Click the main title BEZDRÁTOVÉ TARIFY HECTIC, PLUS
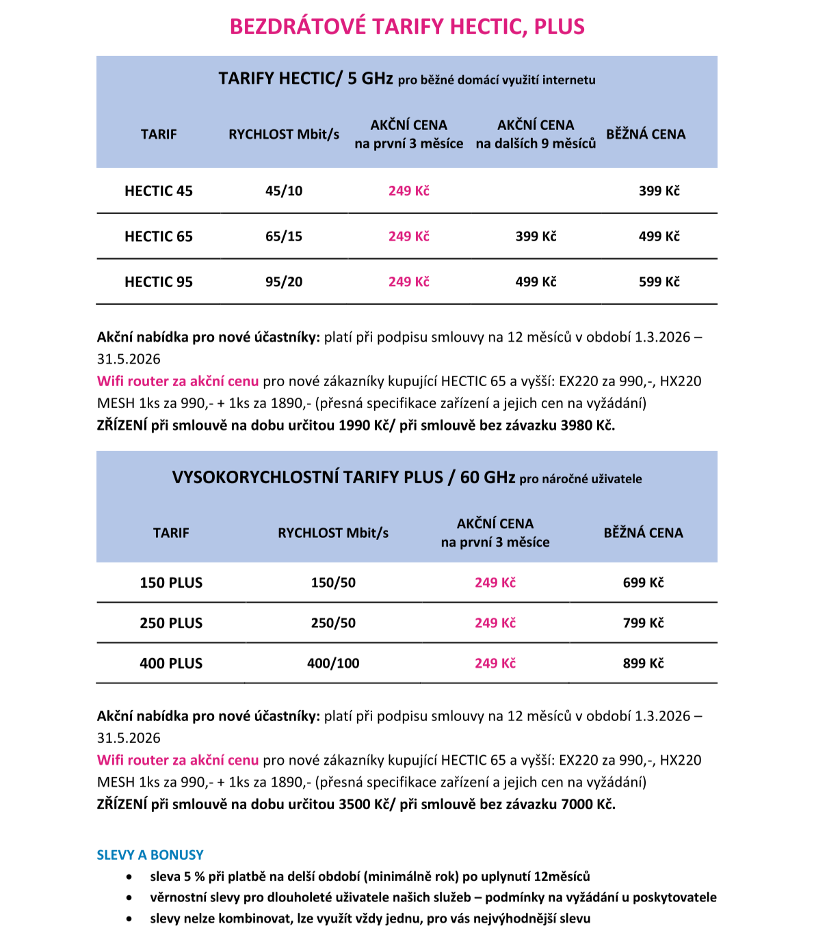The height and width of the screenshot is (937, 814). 407,27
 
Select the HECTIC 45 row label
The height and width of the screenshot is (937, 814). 159,191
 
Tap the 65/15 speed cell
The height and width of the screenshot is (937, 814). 284,236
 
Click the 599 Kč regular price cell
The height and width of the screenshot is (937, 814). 659,282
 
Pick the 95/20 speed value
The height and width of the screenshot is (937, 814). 284,282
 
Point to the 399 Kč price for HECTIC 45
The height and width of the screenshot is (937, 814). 659,191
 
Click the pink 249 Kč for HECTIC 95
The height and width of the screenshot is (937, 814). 408,282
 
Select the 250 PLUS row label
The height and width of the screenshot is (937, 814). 171,623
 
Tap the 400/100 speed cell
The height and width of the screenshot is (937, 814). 333,664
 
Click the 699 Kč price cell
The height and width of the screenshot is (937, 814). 643,583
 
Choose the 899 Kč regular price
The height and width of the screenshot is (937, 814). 643,664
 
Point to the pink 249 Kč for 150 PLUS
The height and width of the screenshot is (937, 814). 495,583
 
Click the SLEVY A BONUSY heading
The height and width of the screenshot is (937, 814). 150,855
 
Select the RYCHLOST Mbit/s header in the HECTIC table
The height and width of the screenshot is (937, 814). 284,135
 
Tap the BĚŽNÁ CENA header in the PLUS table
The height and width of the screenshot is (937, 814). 643,533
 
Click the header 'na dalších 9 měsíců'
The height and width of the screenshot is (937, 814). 536,144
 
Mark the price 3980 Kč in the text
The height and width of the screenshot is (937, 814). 586,426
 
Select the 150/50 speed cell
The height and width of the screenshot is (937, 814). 333,583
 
